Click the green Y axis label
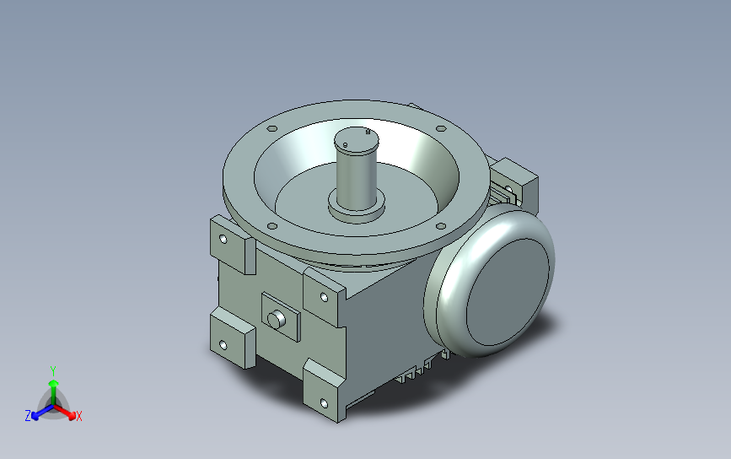click(53, 371)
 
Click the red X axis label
click(78, 416)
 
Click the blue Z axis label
click(28, 416)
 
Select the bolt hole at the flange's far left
click(272, 129)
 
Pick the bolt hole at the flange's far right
click(441, 129)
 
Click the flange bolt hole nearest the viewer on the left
click(272, 226)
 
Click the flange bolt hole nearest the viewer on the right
click(441, 226)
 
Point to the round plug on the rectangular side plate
click(276, 320)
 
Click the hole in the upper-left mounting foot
click(223, 240)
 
